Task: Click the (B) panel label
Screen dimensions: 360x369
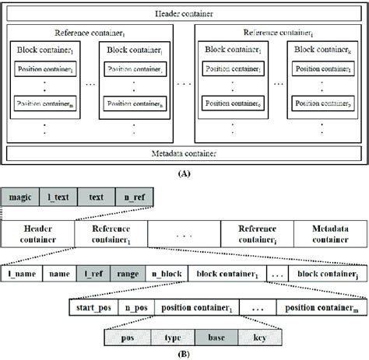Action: click(185, 354)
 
